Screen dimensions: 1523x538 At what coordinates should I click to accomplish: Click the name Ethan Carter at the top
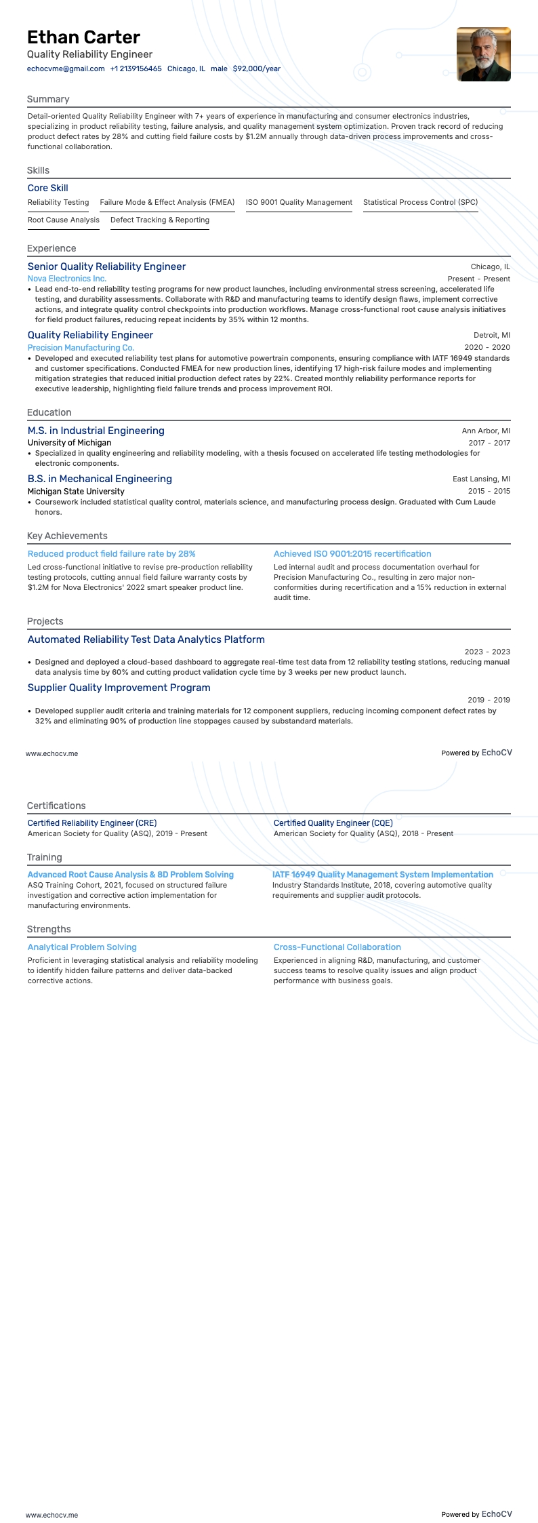coord(83,37)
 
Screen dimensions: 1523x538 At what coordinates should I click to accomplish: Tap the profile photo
coord(483,54)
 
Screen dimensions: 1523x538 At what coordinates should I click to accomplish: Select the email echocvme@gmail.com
coord(66,68)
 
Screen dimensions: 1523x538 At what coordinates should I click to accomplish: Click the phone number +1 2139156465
coord(136,68)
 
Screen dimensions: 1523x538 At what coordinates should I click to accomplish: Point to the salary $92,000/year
coord(256,68)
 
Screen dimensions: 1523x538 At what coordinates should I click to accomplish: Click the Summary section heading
coord(48,99)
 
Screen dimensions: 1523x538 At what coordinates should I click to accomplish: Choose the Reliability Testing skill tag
coord(58,202)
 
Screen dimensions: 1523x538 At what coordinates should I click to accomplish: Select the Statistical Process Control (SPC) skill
coord(420,202)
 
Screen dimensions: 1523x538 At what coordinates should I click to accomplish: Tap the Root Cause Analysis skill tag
coord(64,220)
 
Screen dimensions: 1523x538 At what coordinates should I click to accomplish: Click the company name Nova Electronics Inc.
coord(67,279)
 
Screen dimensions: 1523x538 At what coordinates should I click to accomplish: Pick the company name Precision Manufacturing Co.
coord(81,347)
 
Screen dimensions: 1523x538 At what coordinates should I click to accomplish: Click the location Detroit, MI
coord(492,335)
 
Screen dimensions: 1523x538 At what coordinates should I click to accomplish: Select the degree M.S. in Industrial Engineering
coord(96,431)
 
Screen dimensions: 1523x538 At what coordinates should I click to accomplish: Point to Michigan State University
coord(76,491)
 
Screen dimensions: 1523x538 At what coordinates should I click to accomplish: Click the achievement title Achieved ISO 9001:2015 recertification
coord(352,554)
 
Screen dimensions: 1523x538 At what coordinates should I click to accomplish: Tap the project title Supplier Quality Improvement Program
coord(119,688)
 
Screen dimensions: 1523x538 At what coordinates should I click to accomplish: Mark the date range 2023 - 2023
coord(487,652)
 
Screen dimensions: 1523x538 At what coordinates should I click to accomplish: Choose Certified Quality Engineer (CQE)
coord(333,823)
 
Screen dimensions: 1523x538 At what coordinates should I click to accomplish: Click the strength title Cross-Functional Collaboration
coord(337,947)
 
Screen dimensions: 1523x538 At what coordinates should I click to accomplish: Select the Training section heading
coord(45,857)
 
